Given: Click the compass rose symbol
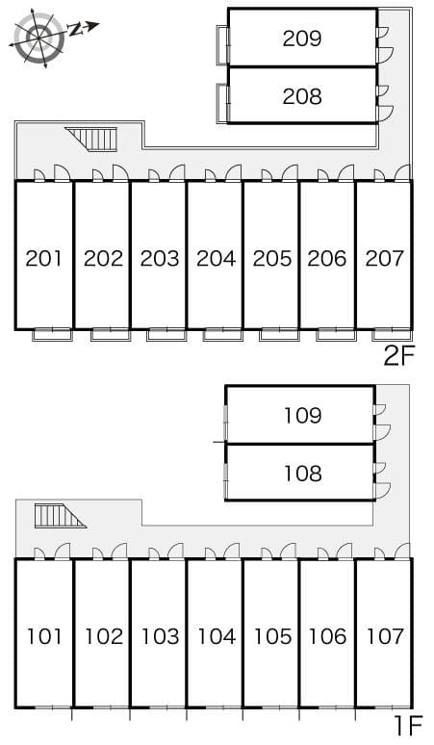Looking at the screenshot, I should click(x=41, y=38).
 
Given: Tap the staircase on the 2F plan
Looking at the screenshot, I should click(x=93, y=140).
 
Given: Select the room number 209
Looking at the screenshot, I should click(x=301, y=39).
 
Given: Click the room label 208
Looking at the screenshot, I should click(x=301, y=96).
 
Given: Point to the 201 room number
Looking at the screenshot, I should click(x=44, y=258).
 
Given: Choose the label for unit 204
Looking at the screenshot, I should click(x=216, y=258).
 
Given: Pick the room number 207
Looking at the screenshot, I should click(x=384, y=258).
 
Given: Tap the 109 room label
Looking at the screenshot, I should click(x=302, y=416).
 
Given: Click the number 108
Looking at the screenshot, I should click(x=302, y=474).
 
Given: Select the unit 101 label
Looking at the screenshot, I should click(x=44, y=636).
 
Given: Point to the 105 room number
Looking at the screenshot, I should click(x=272, y=636).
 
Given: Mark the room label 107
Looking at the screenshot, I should click(x=384, y=636).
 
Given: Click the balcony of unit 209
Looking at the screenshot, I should click(x=222, y=39).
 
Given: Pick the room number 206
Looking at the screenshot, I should click(x=328, y=258).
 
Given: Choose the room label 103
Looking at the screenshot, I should click(x=160, y=636).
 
